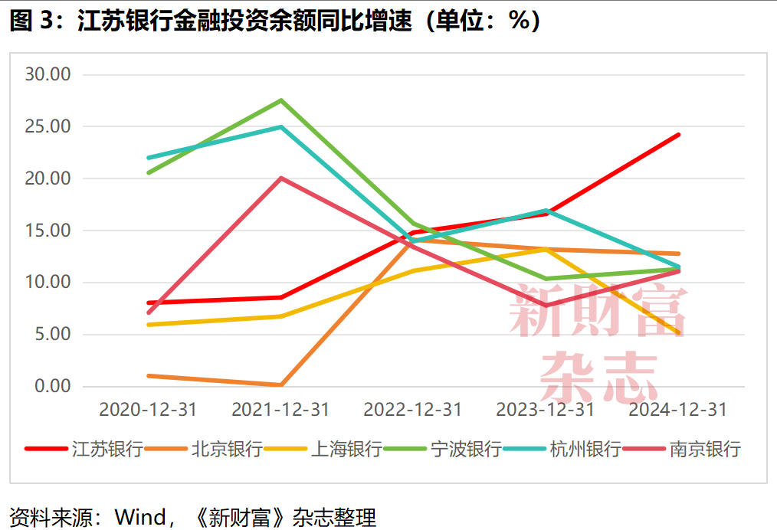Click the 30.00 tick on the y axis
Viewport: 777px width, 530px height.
point(48,74)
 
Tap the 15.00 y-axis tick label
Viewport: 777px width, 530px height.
point(48,231)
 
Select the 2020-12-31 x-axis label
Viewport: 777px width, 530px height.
point(148,410)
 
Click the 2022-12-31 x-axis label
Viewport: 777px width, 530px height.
point(413,410)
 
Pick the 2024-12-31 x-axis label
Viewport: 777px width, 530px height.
point(677,410)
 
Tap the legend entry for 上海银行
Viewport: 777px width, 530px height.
point(346,449)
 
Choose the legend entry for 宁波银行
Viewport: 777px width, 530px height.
point(466,449)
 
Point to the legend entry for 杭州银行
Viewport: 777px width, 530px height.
point(585,449)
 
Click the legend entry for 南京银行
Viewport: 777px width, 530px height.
point(705,449)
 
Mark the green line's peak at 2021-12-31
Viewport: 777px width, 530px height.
point(281,100)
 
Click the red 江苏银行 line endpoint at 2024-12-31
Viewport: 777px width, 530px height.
point(678,135)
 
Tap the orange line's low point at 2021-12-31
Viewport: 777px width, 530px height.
point(281,384)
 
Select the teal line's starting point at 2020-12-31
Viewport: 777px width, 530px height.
point(149,158)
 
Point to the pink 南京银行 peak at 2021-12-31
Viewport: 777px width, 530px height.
point(281,178)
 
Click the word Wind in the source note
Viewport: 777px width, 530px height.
point(139,517)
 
